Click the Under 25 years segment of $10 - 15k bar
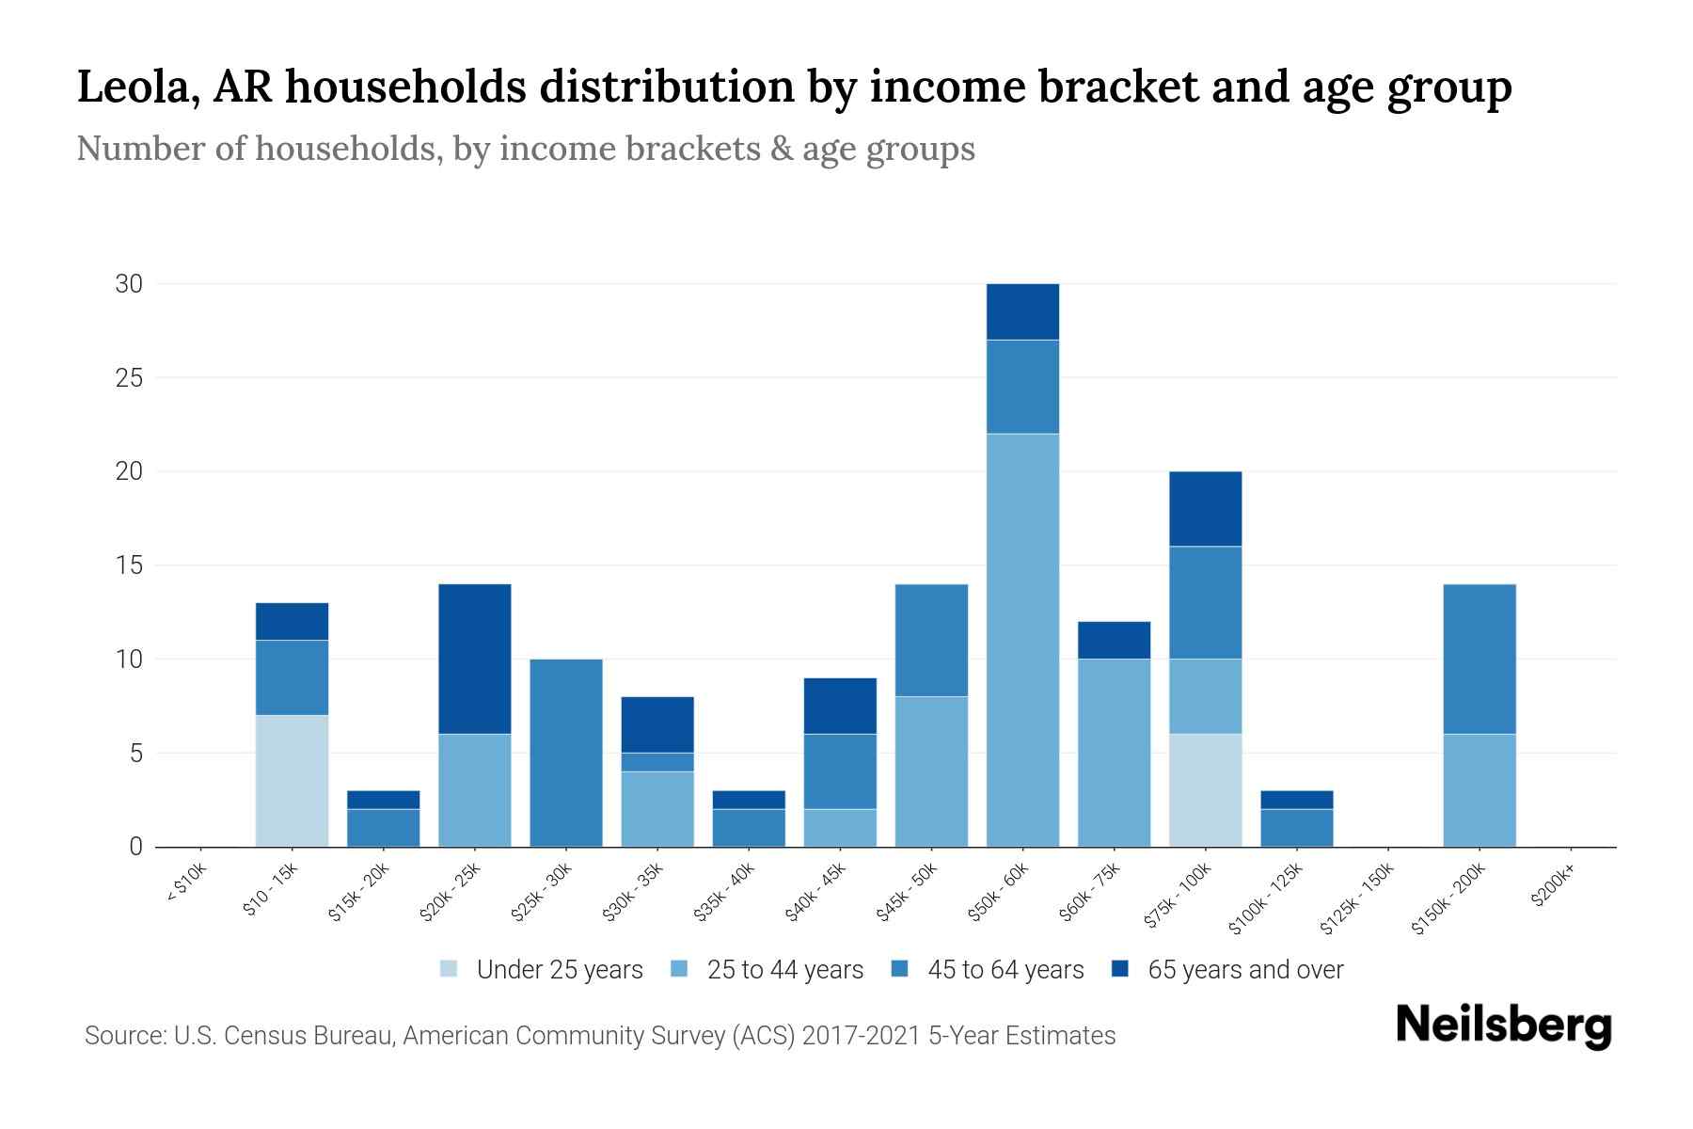[x=292, y=781]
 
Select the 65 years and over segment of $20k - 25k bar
[x=475, y=659]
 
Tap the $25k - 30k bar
[x=566, y=753]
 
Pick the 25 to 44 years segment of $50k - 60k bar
[x=1022, y=640]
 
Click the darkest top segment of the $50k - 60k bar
[x=1022, y=311]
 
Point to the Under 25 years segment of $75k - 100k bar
[x=1205, y=790]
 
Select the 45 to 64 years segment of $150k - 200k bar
[x=1479, y=659]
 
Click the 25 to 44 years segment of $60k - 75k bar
[x=1114, y=753]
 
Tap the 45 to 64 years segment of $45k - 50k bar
[x=931, y=640]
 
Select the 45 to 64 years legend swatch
[x=900, y=969]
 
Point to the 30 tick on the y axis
[x=129, y=283]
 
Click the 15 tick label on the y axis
[x=129, y=565]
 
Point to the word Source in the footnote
[x=124, y=1036]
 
